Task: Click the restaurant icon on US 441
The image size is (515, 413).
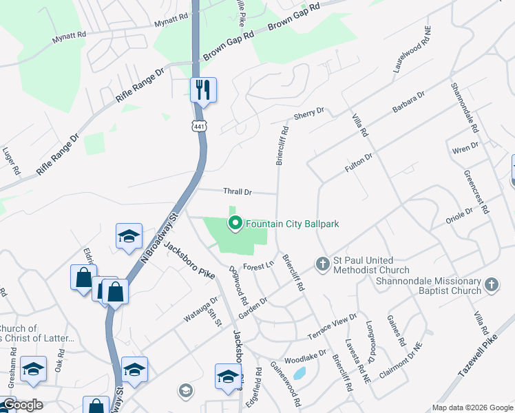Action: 203,90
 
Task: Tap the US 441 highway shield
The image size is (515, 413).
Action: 199,126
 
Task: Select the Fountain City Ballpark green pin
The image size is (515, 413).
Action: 235,222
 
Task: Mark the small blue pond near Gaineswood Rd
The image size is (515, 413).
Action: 299,373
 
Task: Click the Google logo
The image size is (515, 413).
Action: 22,405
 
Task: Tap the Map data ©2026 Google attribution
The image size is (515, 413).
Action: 472,407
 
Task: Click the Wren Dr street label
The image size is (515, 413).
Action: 466,147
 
